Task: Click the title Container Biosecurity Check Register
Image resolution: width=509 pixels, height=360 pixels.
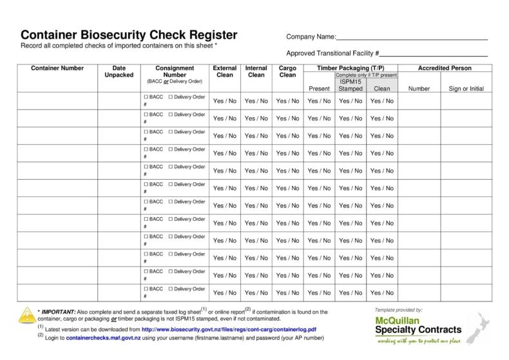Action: tap(129, 35)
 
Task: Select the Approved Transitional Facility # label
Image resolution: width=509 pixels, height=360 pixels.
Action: tap(332, 53)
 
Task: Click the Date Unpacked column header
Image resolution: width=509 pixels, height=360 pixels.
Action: tap(119, 71)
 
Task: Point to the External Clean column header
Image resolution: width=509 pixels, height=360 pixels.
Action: tap(224, 71)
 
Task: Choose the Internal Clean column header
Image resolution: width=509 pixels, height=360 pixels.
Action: tap(256, 71)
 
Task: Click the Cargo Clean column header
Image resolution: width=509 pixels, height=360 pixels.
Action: tap(287, 71)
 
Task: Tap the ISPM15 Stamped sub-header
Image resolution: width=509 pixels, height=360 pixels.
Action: tap(351, 84)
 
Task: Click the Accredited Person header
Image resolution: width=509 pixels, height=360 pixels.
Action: tap(445, 68)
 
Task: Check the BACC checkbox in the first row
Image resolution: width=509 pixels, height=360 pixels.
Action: tap(146, 97)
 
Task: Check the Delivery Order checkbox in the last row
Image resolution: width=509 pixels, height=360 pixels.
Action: tap(171, 289)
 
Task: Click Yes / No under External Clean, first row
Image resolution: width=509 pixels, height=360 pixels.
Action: tap(224, 100)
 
